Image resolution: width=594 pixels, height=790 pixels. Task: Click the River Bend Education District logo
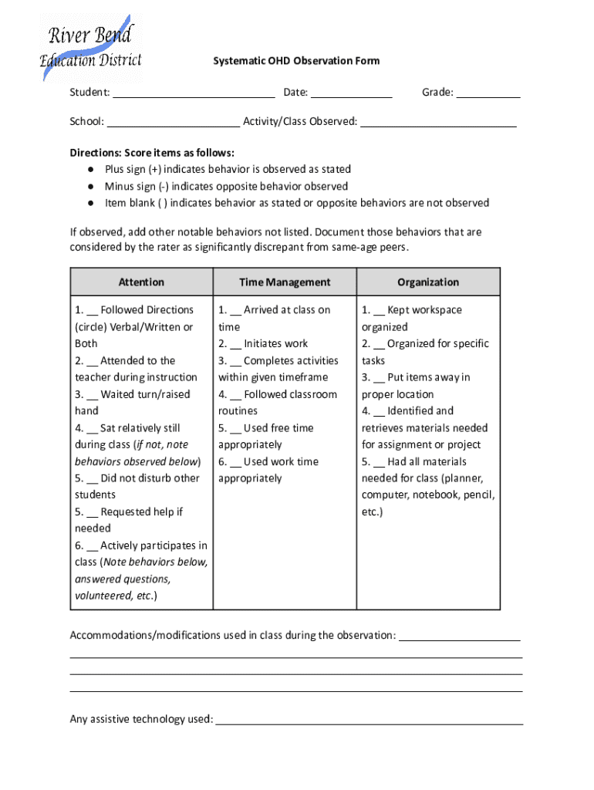tap(90, 48)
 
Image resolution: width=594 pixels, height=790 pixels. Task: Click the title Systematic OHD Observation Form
tap(296, 61)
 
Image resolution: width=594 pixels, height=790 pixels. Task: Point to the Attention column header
tap(141, 282)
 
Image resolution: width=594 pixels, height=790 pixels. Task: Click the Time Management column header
tap(285, 282)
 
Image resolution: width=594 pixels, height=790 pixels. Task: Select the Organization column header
tap(428, 282)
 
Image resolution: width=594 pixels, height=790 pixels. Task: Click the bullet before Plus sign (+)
tap(90, 169)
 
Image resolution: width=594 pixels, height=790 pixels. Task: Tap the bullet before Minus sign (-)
tap(90, 186)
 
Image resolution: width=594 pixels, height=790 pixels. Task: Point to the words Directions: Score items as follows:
tap(152, 153)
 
